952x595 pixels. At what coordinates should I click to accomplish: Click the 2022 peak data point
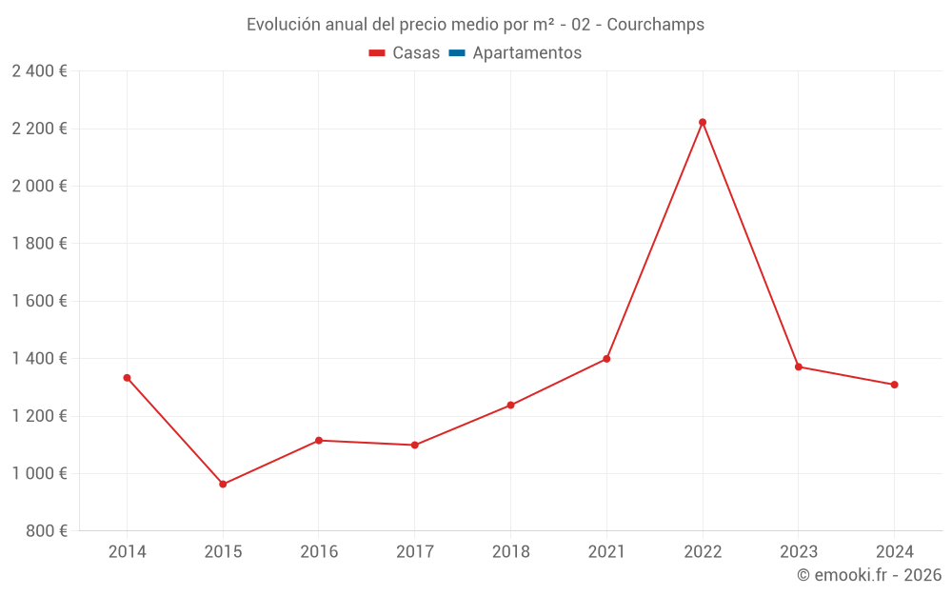703,122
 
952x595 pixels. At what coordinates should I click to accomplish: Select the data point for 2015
223,485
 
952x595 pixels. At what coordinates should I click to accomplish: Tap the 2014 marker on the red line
127,378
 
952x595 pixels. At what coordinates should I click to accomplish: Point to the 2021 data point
606,359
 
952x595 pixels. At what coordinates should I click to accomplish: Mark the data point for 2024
895,385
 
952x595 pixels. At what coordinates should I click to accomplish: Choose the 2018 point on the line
510,406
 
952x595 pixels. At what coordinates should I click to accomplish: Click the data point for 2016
319,441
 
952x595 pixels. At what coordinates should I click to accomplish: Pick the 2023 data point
799,367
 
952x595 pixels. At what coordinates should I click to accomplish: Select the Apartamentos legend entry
526,53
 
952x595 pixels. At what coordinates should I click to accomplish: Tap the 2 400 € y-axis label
39,71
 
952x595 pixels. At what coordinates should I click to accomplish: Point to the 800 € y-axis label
45,531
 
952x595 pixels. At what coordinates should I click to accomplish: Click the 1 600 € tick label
39,301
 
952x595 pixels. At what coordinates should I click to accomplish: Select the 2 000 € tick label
39,187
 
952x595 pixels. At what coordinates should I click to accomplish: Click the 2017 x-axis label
415,552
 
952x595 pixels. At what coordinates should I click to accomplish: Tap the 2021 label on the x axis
606,552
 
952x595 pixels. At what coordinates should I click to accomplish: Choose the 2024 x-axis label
895,552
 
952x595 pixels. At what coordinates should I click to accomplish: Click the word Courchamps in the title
655,25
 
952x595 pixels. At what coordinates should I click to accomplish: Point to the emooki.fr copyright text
869,575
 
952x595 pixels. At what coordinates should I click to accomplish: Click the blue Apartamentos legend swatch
456,53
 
